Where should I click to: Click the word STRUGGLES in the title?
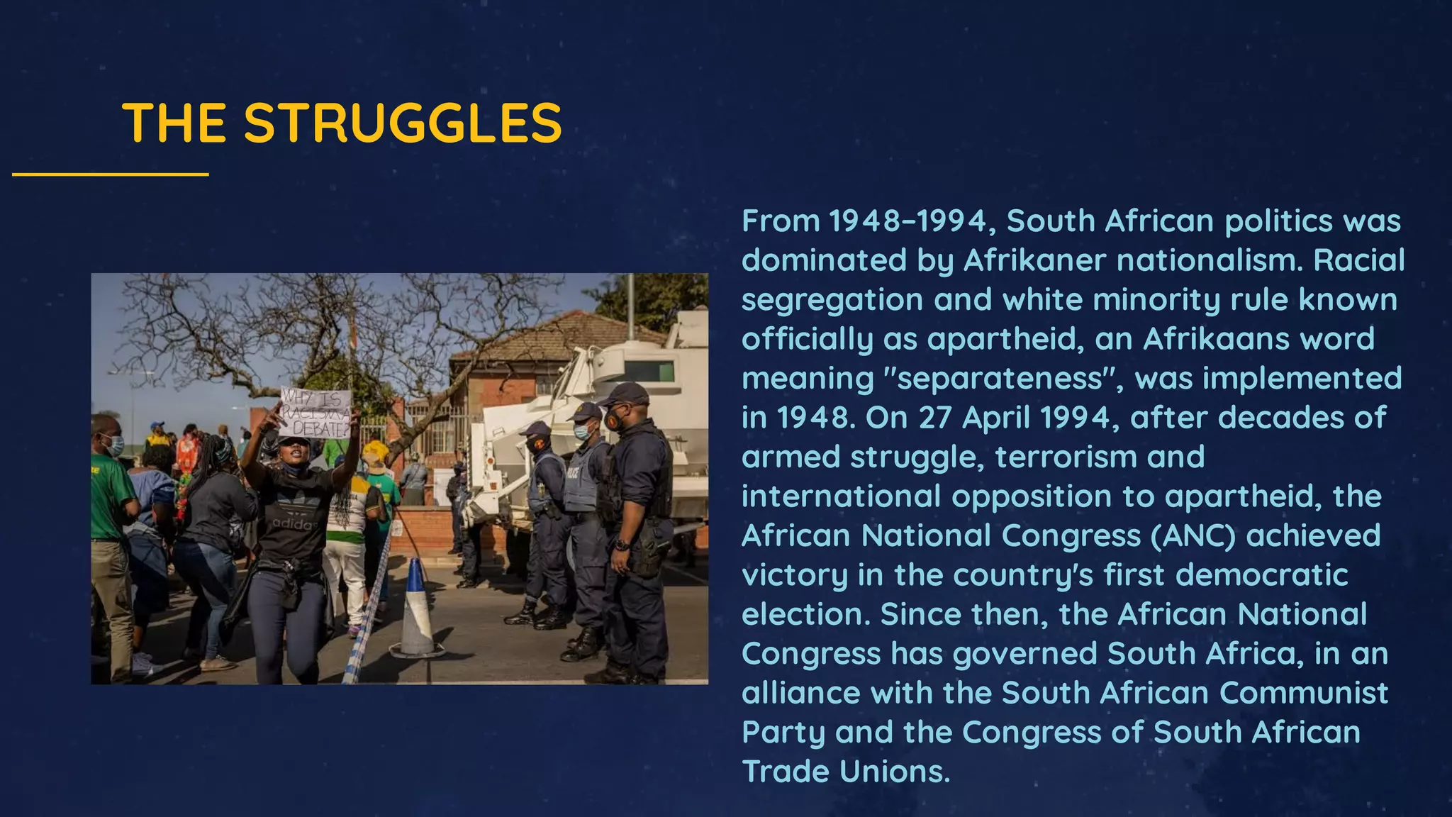point(403,123)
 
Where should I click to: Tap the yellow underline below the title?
point(111,174)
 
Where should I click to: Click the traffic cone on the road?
point(416,610)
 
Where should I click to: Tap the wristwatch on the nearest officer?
point(622,545)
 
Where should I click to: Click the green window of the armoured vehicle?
point(648,371)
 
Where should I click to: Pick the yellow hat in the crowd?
point(374,451)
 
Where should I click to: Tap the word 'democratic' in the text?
point(1261,575)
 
